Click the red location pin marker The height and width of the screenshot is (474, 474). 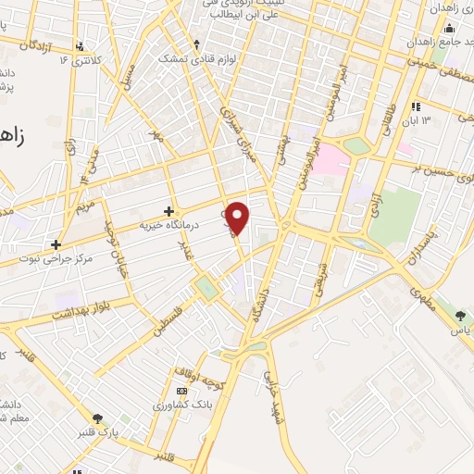238,218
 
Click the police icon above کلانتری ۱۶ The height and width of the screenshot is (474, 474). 81,44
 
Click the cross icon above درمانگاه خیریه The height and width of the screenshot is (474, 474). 168,211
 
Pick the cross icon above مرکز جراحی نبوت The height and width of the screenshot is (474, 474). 56,244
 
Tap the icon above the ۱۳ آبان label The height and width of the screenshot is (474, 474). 417,106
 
